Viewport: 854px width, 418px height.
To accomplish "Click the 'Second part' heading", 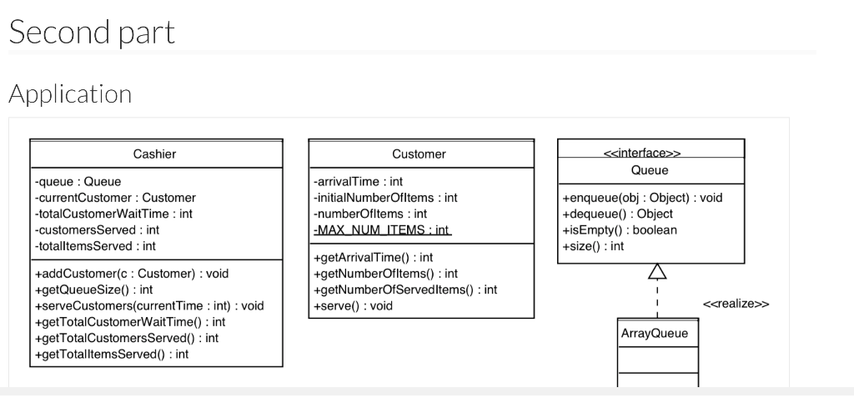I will click(92, 32).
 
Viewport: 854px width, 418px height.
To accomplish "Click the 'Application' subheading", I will click(70, 94).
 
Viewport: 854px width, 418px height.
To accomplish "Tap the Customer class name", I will click(419, 154).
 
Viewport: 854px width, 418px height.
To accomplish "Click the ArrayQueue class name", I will click(655, 334).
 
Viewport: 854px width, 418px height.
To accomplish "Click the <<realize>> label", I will click(736, 304).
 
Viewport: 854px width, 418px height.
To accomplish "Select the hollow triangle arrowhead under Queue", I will click(657, 271).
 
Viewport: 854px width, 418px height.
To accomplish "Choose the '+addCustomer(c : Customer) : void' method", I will click(131, 274).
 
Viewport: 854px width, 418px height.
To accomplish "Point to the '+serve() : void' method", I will click(353, 305).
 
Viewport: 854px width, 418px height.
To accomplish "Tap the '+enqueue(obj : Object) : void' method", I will click(643, 198).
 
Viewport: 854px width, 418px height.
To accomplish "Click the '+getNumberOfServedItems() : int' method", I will click(405, 290).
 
